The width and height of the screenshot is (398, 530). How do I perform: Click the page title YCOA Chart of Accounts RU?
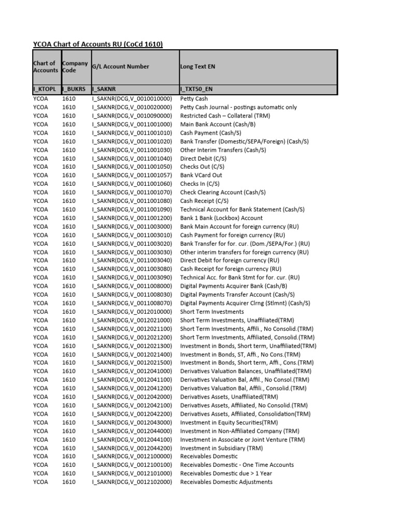98,44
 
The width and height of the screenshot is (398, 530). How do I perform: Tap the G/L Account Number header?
120,67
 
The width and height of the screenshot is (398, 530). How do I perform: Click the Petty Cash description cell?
194,98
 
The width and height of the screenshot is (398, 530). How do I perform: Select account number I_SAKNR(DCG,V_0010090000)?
132,115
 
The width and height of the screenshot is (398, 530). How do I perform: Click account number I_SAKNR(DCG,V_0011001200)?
132,218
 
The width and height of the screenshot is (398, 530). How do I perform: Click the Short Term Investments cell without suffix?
212,312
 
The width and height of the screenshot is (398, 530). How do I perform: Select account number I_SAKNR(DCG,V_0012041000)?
132,371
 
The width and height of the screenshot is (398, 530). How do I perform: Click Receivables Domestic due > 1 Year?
226,473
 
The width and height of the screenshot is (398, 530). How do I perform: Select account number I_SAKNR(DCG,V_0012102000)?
132,482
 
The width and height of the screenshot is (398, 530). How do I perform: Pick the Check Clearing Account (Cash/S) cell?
223,192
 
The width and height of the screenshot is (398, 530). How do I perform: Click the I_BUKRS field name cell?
74,90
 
